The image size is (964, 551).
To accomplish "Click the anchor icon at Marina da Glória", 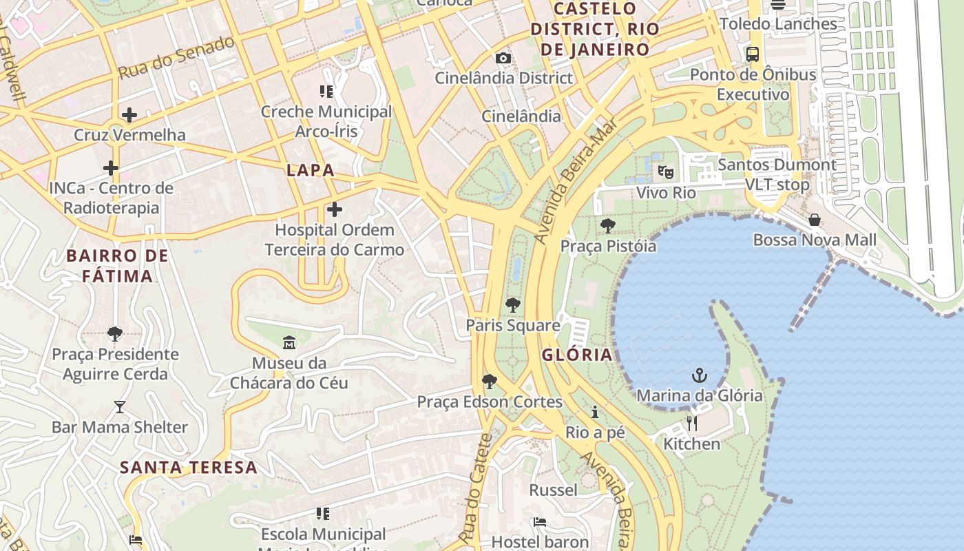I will (x=700, y=375).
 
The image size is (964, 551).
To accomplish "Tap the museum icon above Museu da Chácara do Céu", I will (x=289, y=342).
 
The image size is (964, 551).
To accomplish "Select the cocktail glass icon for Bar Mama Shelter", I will (x=120, y=407).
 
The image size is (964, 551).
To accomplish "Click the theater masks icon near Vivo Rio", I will (x=665, y=171).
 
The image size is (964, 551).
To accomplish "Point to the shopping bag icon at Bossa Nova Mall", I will (x=815, y=220).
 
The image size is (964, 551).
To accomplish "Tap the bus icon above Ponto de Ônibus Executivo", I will (x=753, y=54).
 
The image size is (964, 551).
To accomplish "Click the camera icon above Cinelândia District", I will (x=503, y=58).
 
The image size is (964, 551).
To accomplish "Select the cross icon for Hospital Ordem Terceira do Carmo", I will (x=335, y=209).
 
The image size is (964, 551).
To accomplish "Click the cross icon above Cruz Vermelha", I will (x=129, y=115).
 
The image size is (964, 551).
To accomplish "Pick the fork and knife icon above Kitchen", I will (x=692, y=424).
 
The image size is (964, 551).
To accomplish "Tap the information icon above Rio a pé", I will (x=595, y=413).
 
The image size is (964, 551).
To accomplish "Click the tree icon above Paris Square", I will (x=512, y=305).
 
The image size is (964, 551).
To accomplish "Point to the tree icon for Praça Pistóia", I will (x=608, y=226).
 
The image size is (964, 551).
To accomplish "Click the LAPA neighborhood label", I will (x=310, y=170).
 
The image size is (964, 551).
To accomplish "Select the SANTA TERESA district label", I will (x=189, y=468).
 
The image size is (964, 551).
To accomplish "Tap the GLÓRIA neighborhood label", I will (x=577, y=355).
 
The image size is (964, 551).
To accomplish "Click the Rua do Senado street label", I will (x=176, y=58).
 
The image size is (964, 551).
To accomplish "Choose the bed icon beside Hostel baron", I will (x=540, y=522).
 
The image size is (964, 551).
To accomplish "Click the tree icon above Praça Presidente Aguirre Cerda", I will (x=115, y=335).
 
